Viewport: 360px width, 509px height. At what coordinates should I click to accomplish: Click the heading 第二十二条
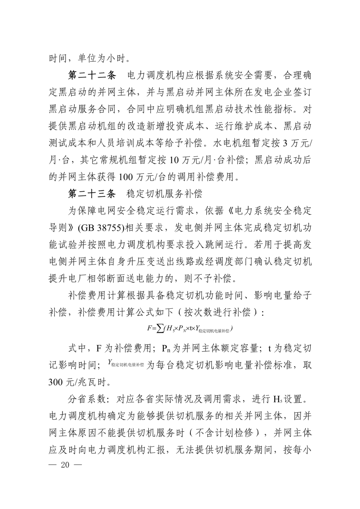pos(92,76)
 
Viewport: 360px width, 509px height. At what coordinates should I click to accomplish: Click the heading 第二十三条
pos(92,194)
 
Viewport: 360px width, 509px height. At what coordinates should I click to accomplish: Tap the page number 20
pos(65,465)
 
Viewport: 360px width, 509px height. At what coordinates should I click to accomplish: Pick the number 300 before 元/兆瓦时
pos(56,382)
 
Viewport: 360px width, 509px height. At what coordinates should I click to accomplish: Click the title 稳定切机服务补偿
pos(165,194)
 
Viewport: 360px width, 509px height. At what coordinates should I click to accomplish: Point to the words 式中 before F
pos(77,348)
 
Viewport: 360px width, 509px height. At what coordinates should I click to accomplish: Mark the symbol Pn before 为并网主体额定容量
pos(166,349)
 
